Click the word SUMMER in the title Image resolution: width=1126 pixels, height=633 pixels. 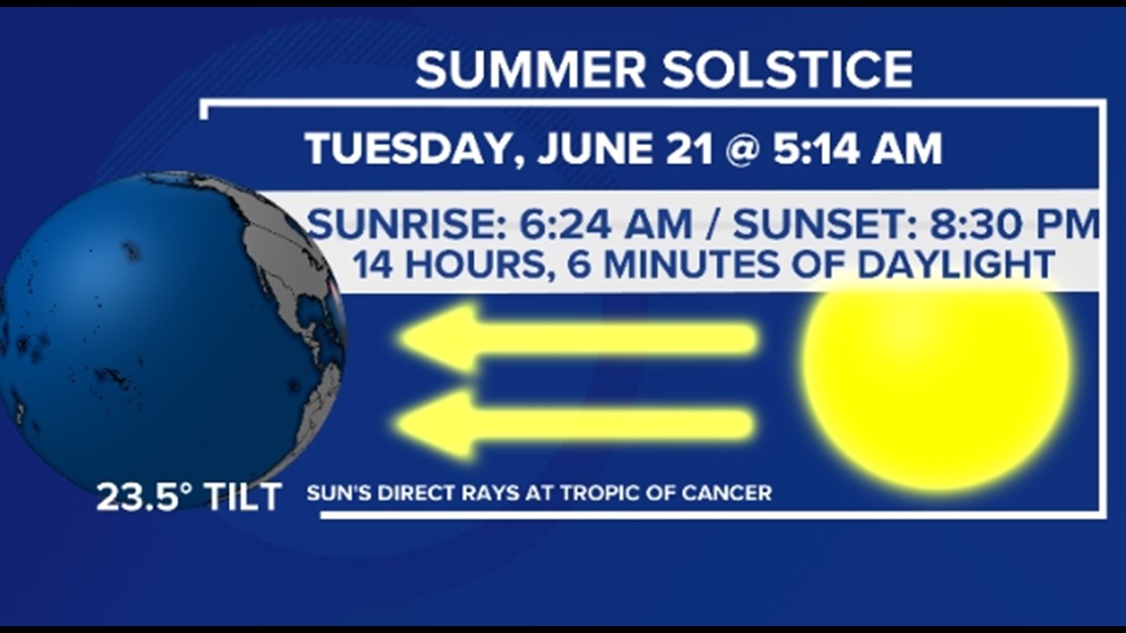click(x=530, y=69)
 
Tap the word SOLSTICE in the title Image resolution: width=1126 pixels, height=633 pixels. click(x=787, y=69)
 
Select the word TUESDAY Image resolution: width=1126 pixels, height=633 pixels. click(x=413, y=149)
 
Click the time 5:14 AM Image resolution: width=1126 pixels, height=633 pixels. click(x=857, y=148)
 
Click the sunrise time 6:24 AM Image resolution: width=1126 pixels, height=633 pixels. click(x=605, y=224)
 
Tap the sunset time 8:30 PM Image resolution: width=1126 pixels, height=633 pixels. click(x=1014, y=224)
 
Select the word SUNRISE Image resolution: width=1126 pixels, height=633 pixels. click(x=407, y=224)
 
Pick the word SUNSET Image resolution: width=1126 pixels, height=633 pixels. click(x=825, y=224)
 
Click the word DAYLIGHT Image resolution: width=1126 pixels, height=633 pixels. click(x=956, y=264)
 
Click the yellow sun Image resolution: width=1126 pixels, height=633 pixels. click(x=936, y=385)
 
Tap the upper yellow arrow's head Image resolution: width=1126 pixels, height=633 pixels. click(x=438, y=338)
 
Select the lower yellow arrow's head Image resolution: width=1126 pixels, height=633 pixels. click(x=436, y=425)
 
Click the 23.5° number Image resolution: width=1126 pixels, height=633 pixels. click(x=144, y=497)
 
